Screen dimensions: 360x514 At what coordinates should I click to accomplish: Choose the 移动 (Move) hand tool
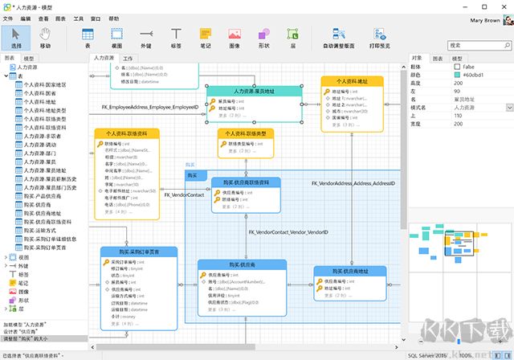[x=45, y=37]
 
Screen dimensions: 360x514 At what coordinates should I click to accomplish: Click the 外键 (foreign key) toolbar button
[x=145, y=37]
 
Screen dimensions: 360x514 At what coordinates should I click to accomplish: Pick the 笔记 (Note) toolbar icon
[x=206, y=37]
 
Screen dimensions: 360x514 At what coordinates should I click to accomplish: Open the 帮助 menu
[x=113, y=18]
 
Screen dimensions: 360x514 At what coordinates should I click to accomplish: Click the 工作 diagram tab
[x=128, y=58]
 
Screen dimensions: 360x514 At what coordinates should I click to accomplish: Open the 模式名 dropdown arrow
[x=509, y=107]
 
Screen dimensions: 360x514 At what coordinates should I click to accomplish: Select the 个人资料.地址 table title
[x=351, y=82]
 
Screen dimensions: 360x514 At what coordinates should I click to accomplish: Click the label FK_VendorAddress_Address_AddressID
[x=353, y=183]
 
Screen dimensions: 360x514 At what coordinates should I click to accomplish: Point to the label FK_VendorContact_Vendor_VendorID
[x=288, y=231]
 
